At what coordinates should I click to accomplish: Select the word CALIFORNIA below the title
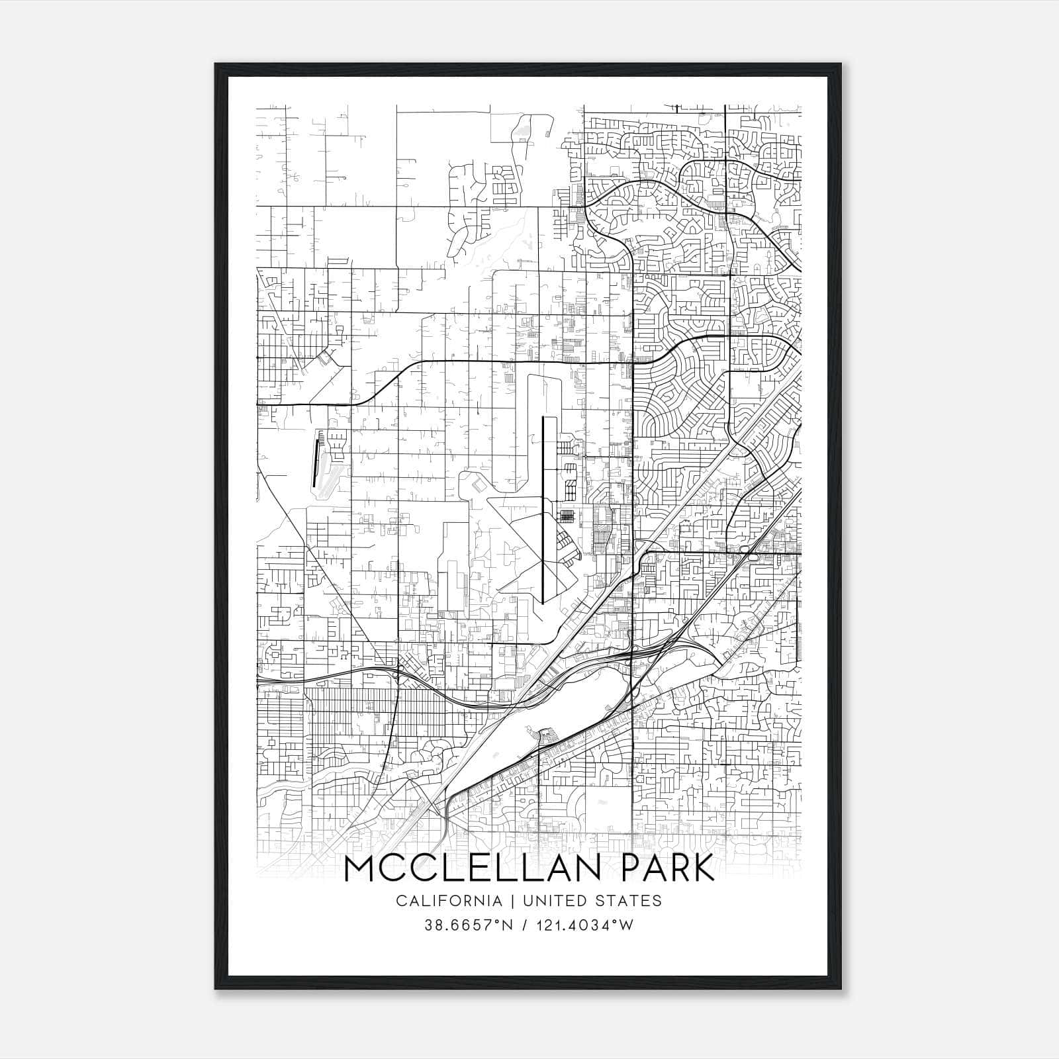[449, 901]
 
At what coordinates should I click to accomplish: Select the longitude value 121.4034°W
[586, 925]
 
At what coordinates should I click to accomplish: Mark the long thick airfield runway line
[543, 510]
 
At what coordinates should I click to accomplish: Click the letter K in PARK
[704, 868]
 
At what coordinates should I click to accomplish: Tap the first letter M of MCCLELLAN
[361, 868]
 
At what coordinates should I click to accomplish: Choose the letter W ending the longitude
[627, 925]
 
